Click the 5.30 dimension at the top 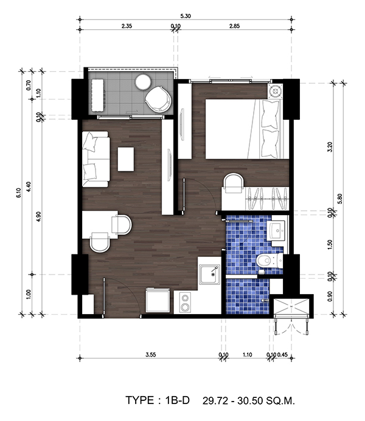pos(186,16)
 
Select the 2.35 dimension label pos(127,26)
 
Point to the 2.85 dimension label pos(234,26)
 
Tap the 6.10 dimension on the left pos(18,193)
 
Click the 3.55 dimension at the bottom pos(150,355)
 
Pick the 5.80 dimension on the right pos(341,199)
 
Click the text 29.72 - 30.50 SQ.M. pos(249,401)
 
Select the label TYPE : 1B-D pos(158,400)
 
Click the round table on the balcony pos(143,81)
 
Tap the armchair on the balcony pos(158,100)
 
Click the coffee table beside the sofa pos(126,159)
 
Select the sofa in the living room pos(96,159)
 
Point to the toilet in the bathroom pos(269,260)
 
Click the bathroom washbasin pos(276,230)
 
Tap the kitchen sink pos(209,274)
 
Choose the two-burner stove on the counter pos(184,303)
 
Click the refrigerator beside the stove pos(158,300)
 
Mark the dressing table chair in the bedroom pos(234,183)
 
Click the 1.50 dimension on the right pos(330,244)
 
